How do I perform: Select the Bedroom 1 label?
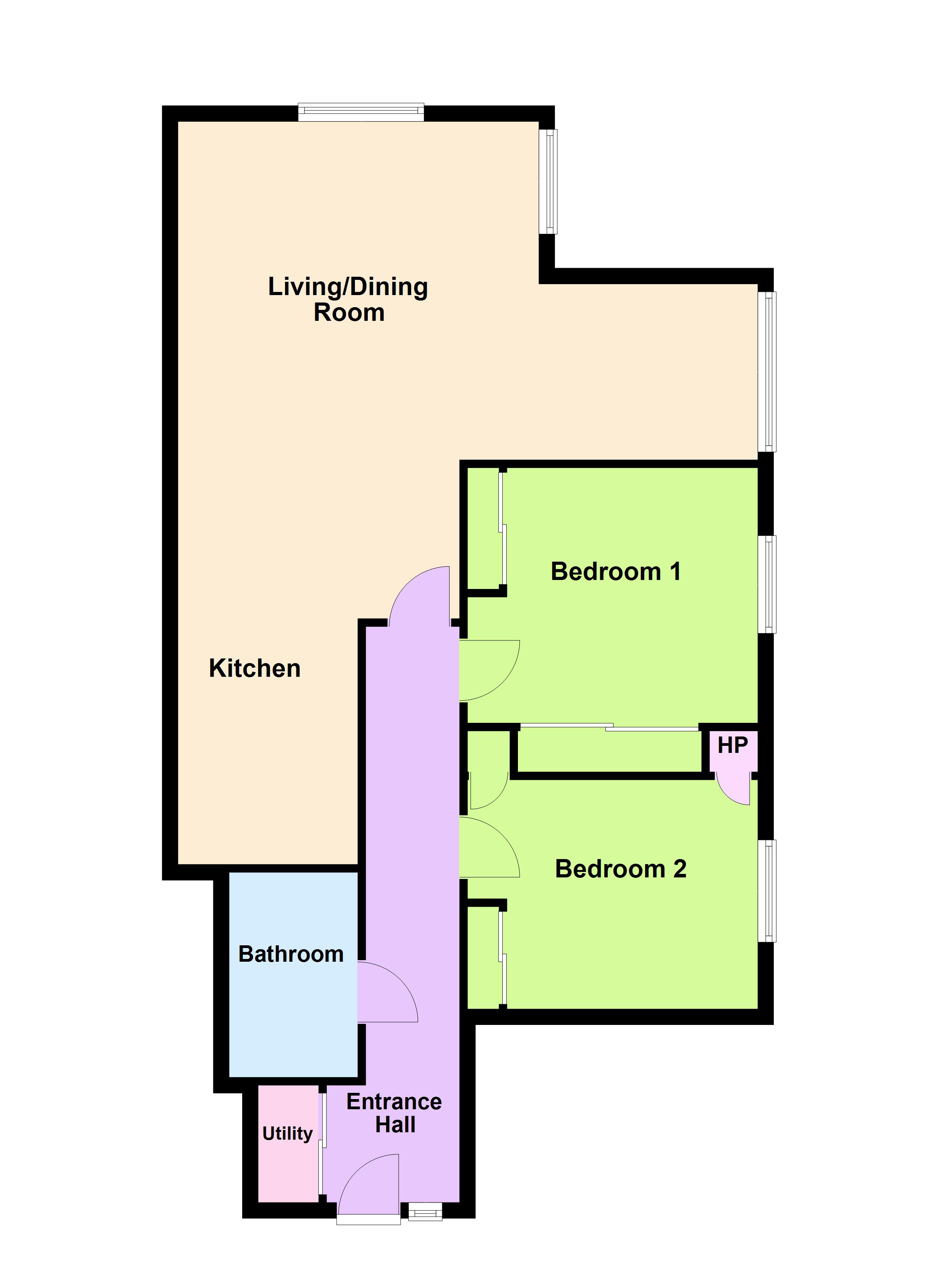(616, 571)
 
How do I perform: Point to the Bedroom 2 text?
(620, 869)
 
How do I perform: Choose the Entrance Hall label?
(395, 1113)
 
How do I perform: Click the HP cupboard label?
(733, 745)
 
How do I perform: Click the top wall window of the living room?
(361, 112)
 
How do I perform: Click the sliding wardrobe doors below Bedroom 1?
(609, 726)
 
